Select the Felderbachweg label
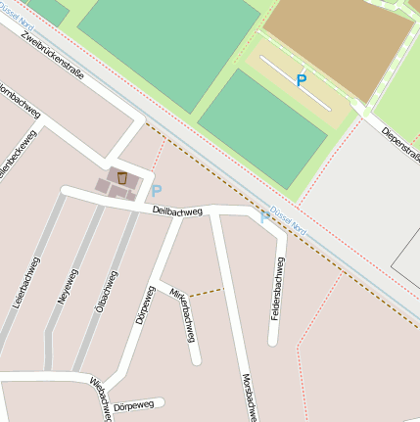tap(278, 288)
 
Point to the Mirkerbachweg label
tap(183, 315)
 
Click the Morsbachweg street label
tap(247, 397)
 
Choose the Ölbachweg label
tap(101, 292)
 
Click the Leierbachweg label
tap(25, 284)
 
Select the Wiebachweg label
tap(99, 397)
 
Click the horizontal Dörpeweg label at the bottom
tap(133, 405)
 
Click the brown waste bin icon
tap(122, 177)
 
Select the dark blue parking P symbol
tap(301, 81)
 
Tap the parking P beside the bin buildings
tap(156, 191)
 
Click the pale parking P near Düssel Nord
tap(264, 217)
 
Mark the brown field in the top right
tap(333, 39)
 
